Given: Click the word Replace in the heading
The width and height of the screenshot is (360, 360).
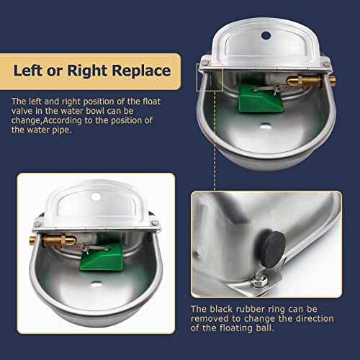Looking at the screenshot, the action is (141, 71).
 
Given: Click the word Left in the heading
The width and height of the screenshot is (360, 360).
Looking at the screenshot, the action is (28, 71).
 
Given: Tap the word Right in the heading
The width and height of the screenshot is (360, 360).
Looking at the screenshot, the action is (87, 71).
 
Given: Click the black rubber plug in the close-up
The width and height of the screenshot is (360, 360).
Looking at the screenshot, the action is (273, 249).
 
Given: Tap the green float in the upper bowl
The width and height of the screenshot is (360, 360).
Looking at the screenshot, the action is (260, 98).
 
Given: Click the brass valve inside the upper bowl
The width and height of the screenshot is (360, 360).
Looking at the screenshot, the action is (305, 81).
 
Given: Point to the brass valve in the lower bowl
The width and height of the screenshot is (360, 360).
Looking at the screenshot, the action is (59, 240).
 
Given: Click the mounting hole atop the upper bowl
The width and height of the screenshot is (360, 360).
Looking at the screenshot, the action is (266, 35).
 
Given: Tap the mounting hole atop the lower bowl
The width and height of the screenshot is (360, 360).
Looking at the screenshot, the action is (96, 197).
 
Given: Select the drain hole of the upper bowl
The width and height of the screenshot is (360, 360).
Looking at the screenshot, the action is (266, 125).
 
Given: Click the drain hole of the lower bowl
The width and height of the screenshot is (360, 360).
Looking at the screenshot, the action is (96, 284).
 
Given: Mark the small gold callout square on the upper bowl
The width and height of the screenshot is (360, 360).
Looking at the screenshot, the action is (210, 77).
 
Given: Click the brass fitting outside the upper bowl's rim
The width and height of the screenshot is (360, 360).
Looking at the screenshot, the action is (332, 81).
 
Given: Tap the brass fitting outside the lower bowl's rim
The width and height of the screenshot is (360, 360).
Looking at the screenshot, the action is (32, 240).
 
